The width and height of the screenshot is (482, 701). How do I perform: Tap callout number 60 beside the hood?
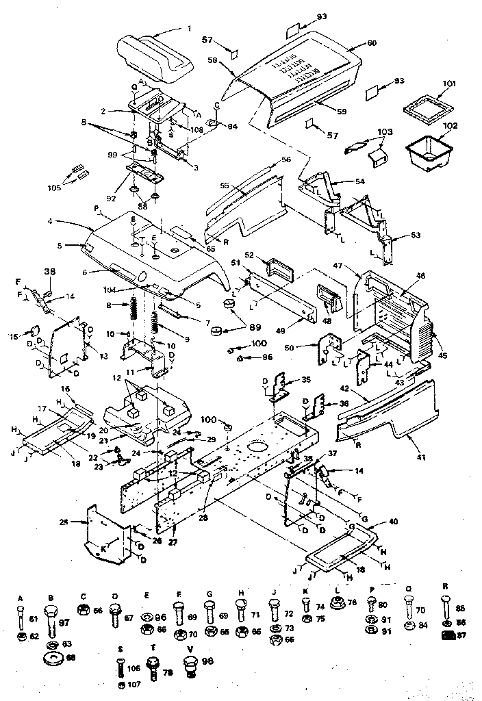372,43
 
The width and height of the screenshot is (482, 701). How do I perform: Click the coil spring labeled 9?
156,322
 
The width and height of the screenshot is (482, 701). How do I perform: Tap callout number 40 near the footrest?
393,521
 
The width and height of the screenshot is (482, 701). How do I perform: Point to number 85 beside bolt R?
461,607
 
